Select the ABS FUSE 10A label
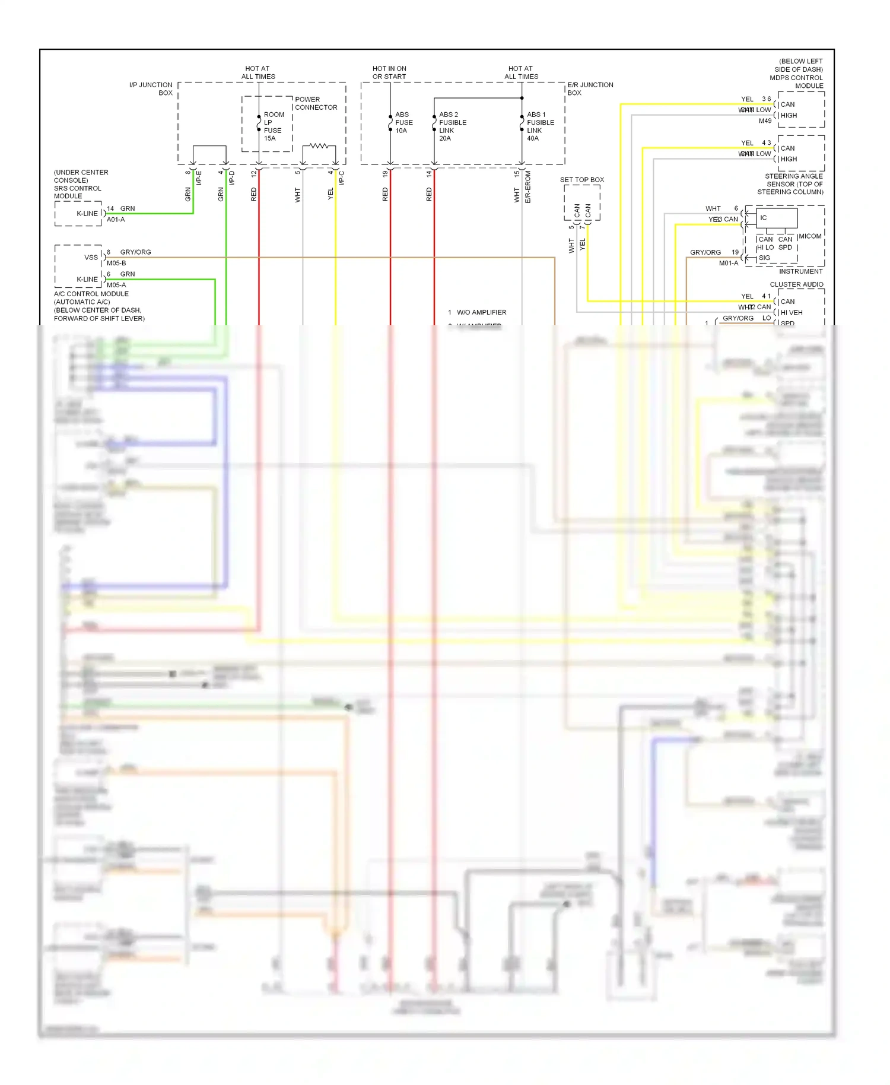tap(403, 122)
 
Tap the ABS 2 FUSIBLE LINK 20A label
tap(452, 126)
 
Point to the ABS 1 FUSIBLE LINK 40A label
tap(540, 126)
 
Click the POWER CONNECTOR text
tap(316, 103)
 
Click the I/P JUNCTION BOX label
tap(151, 89)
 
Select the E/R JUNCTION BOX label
tap(590, 89)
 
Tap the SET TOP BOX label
tap(581, 180)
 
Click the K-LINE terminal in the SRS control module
tap(87, 214)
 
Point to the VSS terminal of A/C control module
tap(91, 258)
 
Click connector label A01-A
tap(116, 220)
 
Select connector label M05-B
tap(116, 263)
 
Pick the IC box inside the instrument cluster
tap(776, 218)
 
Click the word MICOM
tap(810, 236)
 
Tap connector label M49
tap(765, 121)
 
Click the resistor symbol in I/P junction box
tap(319, 145)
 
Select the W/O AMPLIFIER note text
tap(481, 312)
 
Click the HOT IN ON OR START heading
tap(389, 72)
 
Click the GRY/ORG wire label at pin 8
tap(135, 252)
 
